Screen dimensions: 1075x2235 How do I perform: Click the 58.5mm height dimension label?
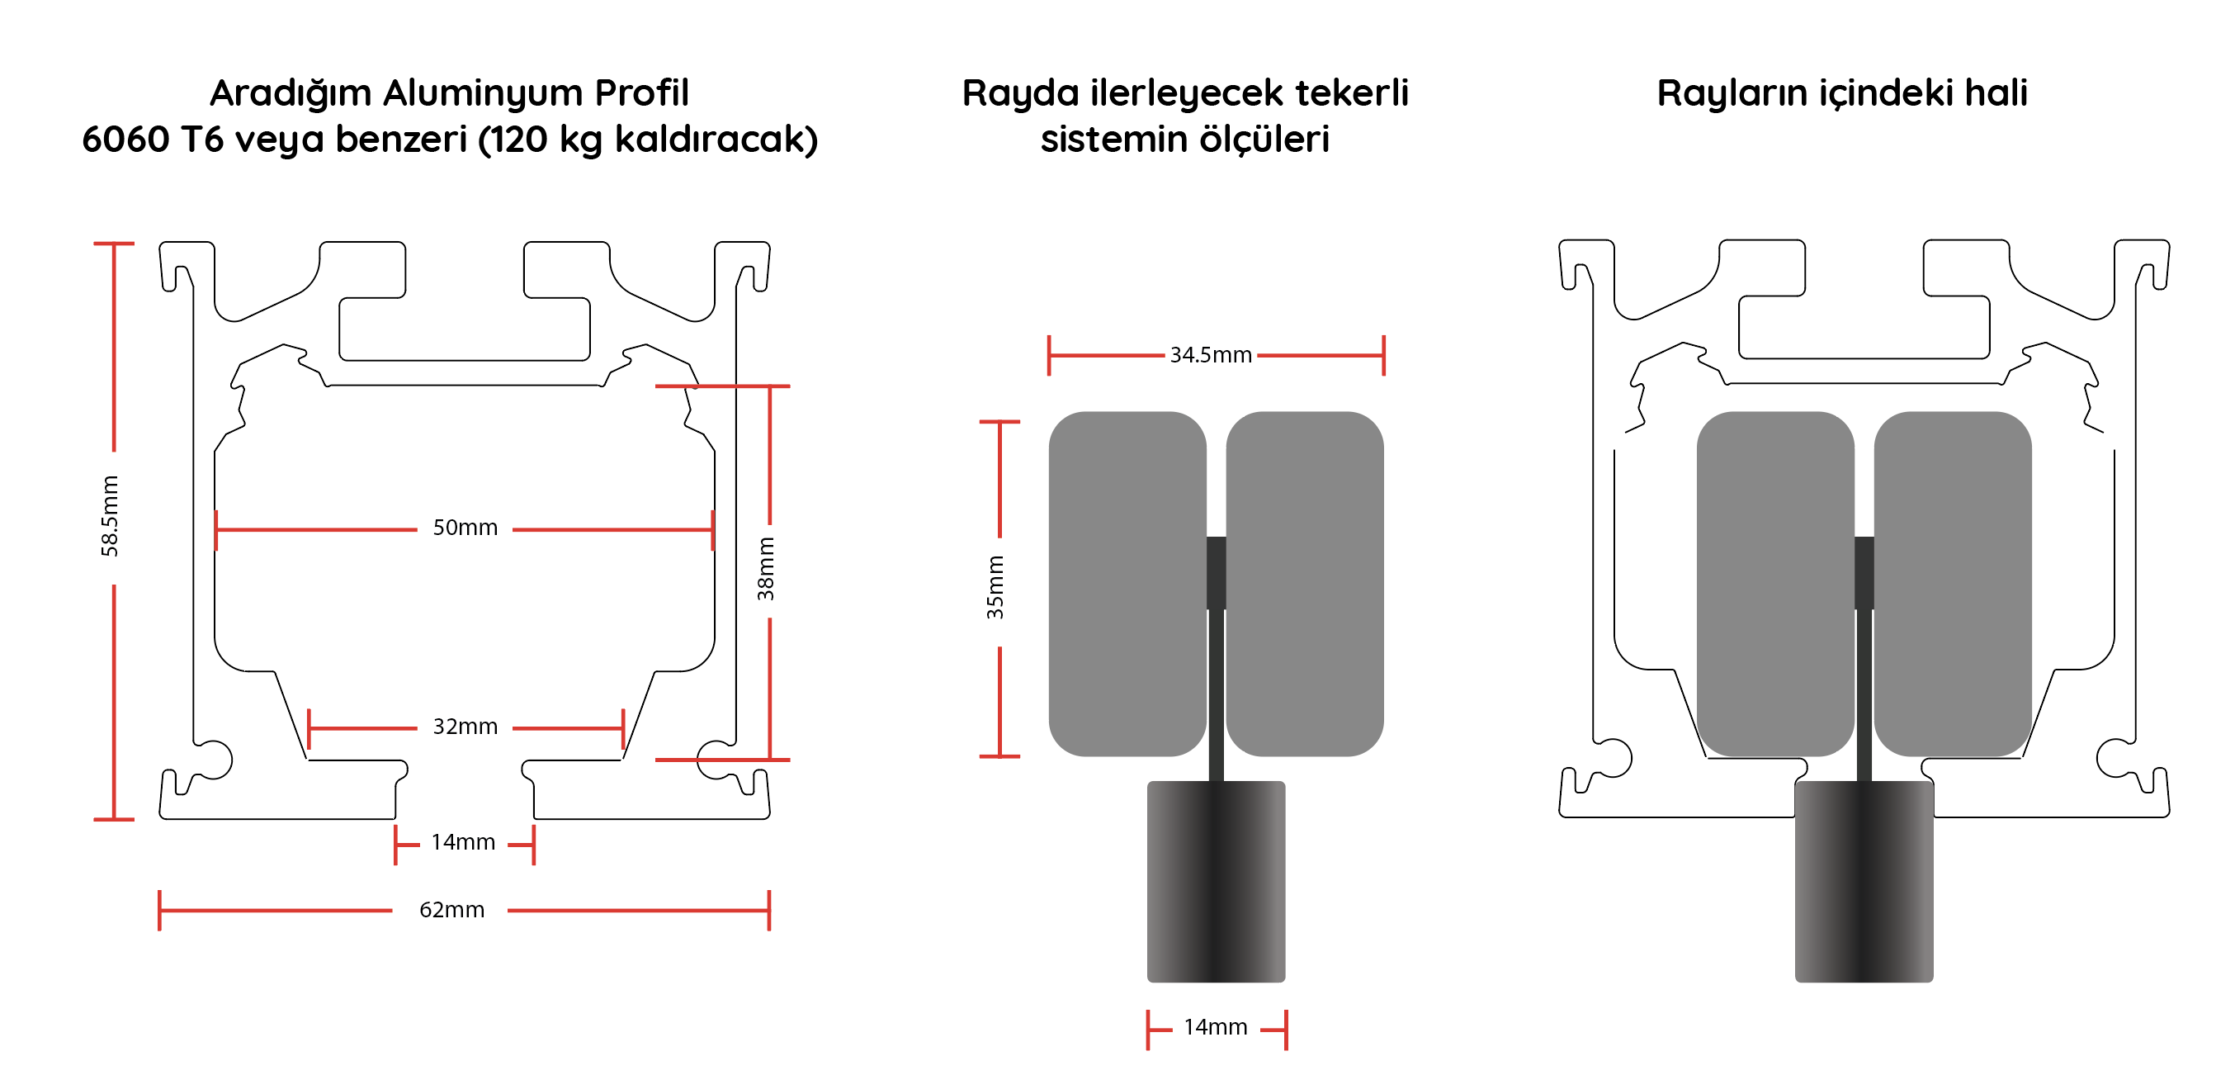pyautogui.click(x=109, y=516)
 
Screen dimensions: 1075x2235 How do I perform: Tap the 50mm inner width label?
pyautogui.click(x=465, y=528)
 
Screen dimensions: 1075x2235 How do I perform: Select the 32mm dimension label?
pyautogui.click(x=465, y=727)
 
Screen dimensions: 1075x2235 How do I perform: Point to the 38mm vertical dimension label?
pyautogui.click(x=765, y=568)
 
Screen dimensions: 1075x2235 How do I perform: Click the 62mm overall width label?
pyautogui.click(x=452, y=909)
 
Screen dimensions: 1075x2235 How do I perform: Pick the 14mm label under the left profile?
pyautogui.click(x=463, y=841)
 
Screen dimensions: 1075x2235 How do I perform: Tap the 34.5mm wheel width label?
pyautogui.click(x=1210, y=355)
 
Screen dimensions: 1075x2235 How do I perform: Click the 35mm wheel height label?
pyautogui.click(x=995, y=587)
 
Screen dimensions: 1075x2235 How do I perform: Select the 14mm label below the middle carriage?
pyautogui.click(x=1216, y=1027)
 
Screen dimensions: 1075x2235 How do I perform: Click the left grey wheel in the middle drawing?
pyautogui.click(x=1127, y=583)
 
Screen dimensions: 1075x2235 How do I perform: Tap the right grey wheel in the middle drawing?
pyautogui.click(x=1304, y=583)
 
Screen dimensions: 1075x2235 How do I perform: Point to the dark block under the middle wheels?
pyautogui.click(x=1216, y=881)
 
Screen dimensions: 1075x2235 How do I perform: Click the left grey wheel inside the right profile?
pyautogui.click(x=1774, y=583)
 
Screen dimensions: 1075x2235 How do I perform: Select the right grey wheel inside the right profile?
pyautogui.click(x=1952, y=583)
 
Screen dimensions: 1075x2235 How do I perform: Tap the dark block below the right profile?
pyautogui.click(x=1864, y=881)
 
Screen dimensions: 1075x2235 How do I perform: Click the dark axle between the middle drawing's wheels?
pyautogui.click(x=1216, y=573)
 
